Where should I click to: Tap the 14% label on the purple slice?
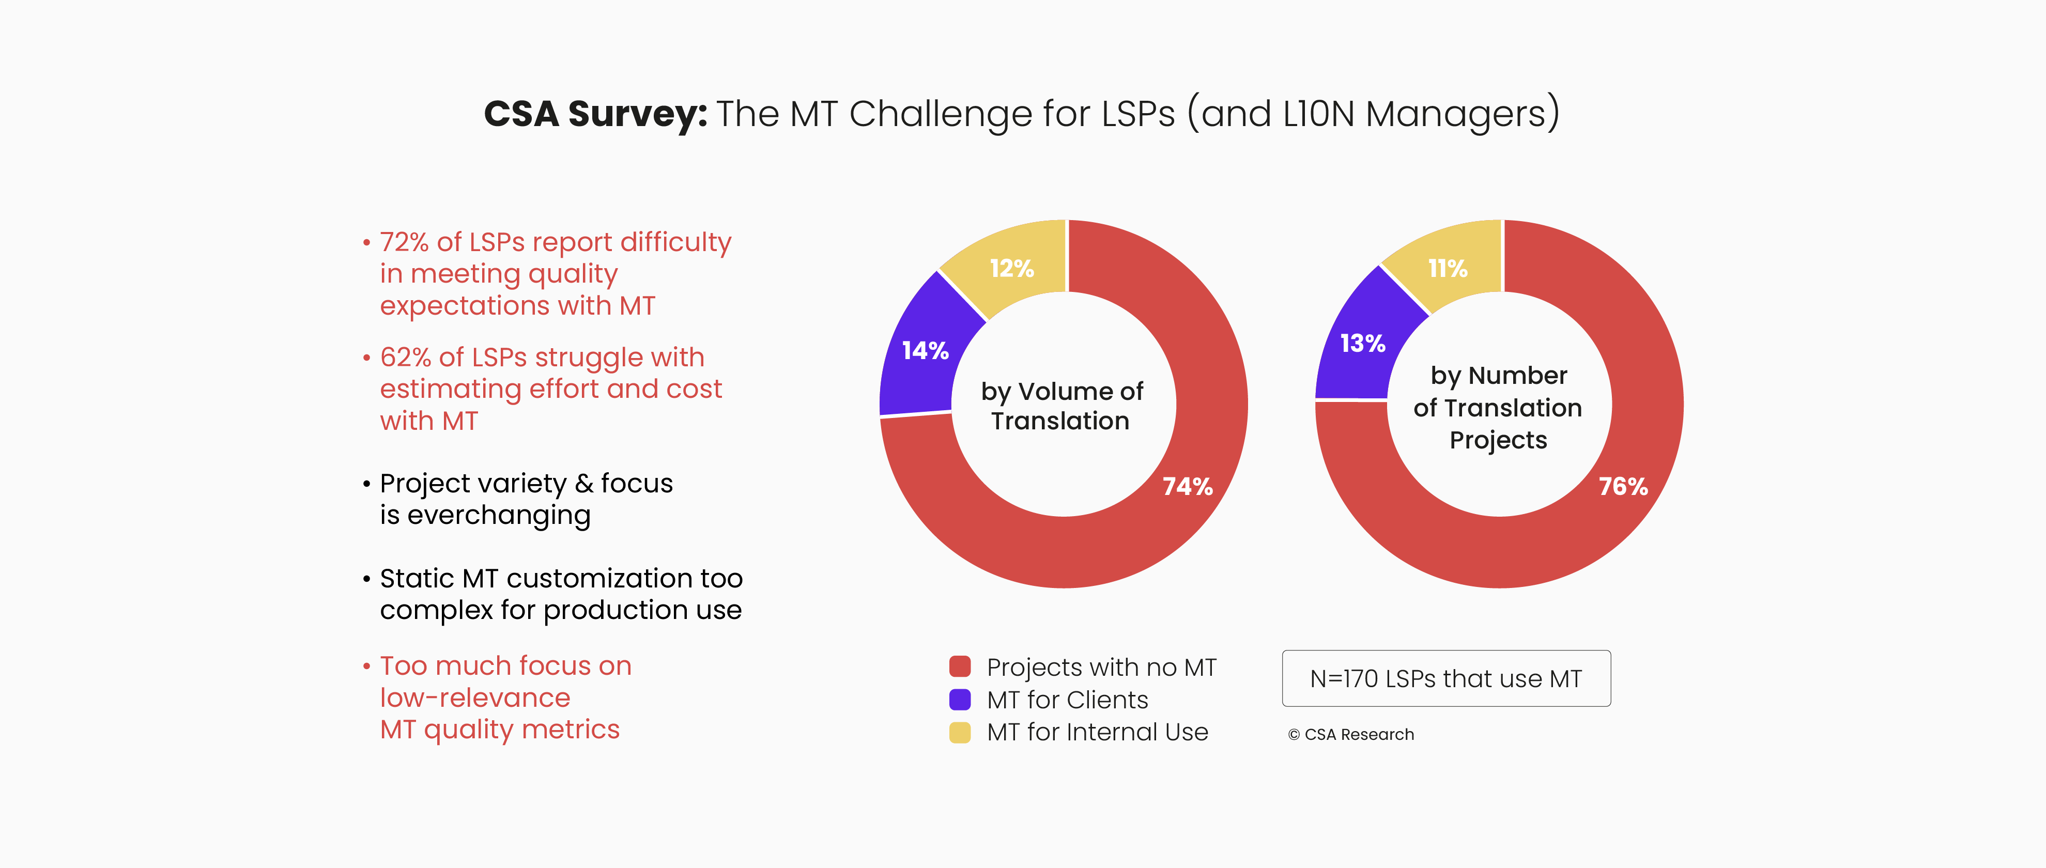[x=925, y=350]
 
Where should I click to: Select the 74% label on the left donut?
[x=1188, y=486]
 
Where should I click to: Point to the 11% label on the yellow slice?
[x=1447, y=269]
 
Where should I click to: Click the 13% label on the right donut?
[x=1362, y=343]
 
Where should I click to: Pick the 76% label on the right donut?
[x=1623, y=486]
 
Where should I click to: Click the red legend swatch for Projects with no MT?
[x=960, y=667]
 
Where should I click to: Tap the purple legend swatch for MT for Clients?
[x=960, y=699]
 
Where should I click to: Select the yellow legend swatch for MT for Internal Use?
[x=960, y=732]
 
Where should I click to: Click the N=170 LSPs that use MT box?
[x=1445, y=678]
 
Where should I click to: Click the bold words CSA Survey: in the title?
[x=595, y=114]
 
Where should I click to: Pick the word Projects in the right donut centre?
[x=1498, y=440]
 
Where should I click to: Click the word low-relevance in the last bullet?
[x=475, y=698]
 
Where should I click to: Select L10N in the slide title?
[x=1318, y=114]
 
